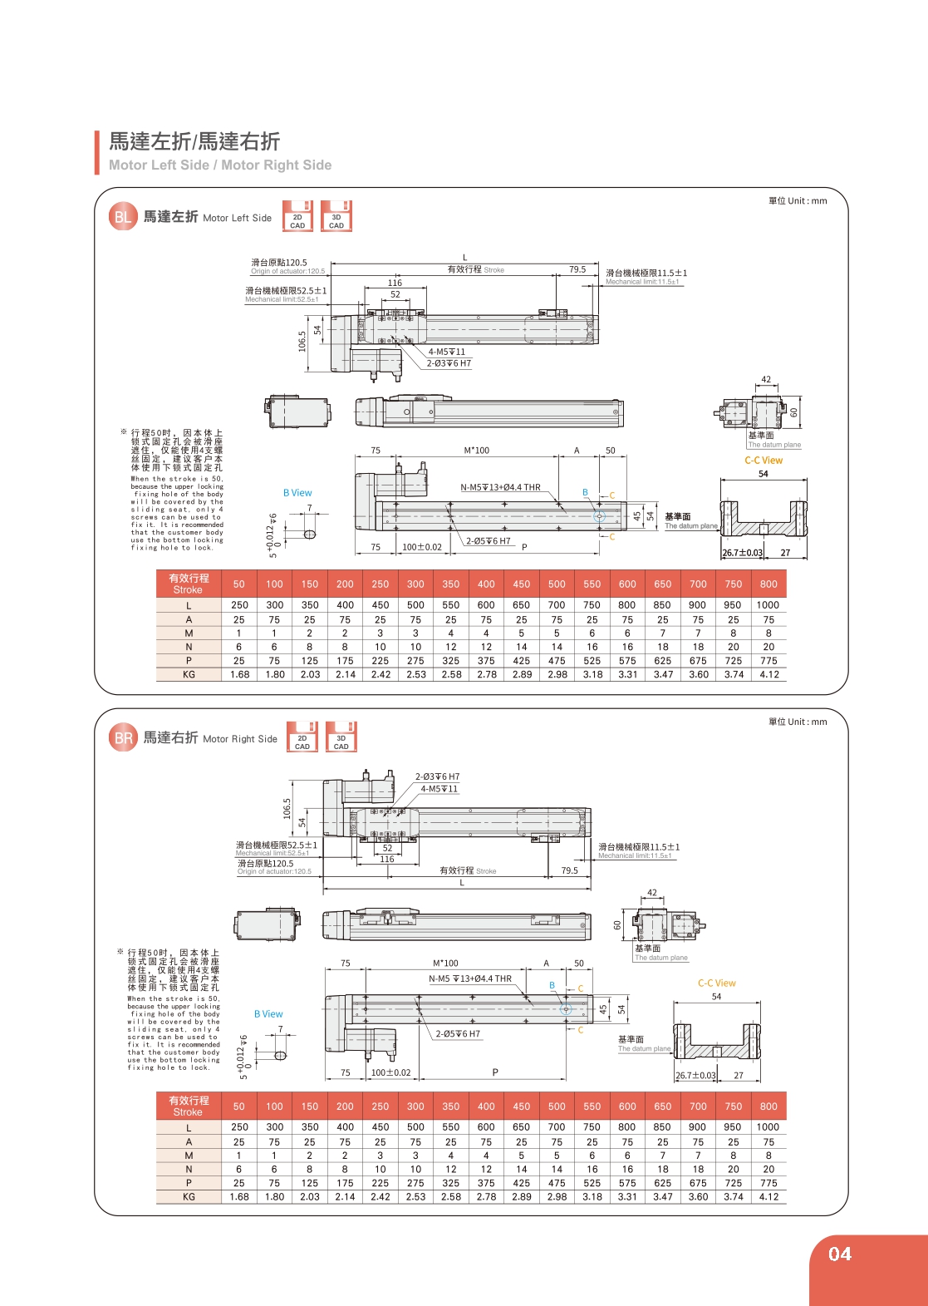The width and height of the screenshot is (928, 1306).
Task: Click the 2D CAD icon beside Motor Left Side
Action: [x=297, y=215]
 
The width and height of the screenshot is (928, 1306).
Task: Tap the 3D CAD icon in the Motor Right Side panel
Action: [x=341, y=737]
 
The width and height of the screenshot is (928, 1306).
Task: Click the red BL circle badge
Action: [x=123, y=217]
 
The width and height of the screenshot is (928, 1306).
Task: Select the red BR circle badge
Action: [x=123, y=738]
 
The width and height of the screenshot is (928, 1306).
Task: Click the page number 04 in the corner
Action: [x=840, y=1254]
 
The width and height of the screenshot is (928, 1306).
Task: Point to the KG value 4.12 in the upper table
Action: [x=769, y=674]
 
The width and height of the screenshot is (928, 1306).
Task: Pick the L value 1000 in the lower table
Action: [x=768, y=1127]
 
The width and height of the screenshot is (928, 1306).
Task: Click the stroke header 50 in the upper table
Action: [x=239, y=584]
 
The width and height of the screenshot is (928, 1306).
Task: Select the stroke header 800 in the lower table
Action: [x=768, y=1106]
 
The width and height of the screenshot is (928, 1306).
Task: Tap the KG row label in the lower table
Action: [x=189, y=1197]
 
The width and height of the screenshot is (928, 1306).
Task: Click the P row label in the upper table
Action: [x=189, y=661]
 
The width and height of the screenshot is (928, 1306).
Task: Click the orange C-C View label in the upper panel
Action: [x=764, y=460]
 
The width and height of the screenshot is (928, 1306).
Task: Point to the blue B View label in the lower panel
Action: [x=268, y=1014]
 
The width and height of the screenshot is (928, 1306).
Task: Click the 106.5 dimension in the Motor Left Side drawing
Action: [x=302, y=341]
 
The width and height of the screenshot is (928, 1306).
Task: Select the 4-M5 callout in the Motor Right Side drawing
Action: [x=439, y=789]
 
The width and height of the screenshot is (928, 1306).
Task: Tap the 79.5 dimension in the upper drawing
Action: [x=577, y=269]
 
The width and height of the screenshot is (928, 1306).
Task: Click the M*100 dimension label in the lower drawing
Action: [x=445, y=963]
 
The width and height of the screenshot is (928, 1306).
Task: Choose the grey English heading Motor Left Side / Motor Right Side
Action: [x=220, y=165]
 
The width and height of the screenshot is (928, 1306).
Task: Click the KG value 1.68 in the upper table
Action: [x=239, y=674]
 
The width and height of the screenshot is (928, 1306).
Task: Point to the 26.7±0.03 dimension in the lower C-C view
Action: [x=695, y=1075]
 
